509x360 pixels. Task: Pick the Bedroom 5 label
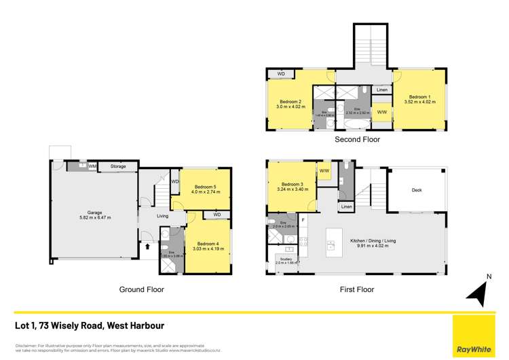[205, 186]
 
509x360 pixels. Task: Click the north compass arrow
[476, 292]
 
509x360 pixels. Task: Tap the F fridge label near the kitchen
[303, 219]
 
